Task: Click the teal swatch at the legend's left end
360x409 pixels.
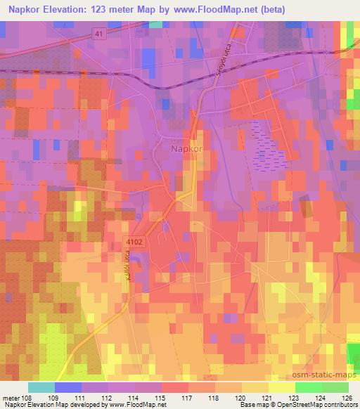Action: [x=41, y=387]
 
